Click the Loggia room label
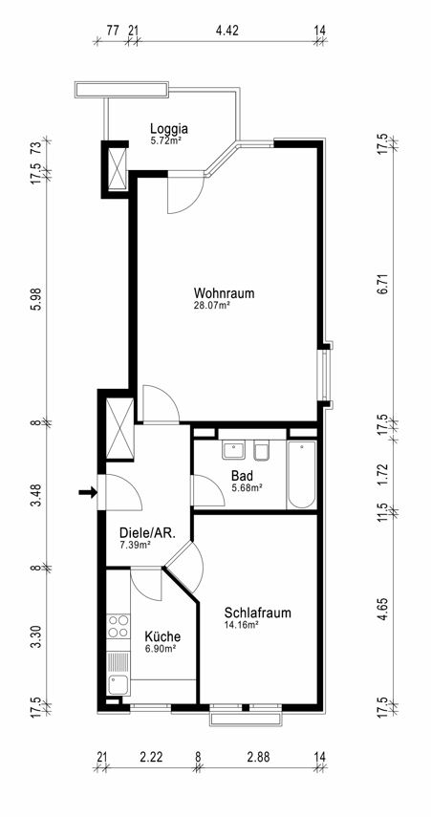pos(169,128)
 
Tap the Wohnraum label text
pos(224,292)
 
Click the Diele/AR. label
pos(147,533)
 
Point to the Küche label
pos(162,636)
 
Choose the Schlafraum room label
pos(257,613)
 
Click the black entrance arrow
pos(88,491)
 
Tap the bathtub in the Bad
pos(301,475)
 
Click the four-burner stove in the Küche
pos(119,625)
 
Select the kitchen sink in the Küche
pos(119,684)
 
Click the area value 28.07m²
pos(211,306)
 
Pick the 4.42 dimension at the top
pos(226,31)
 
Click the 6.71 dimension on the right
pos(382,284)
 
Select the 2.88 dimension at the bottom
pos(258,757)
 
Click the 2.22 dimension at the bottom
pos(150,757)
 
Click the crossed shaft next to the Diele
pos(119,428)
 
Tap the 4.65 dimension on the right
pos(382,610)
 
